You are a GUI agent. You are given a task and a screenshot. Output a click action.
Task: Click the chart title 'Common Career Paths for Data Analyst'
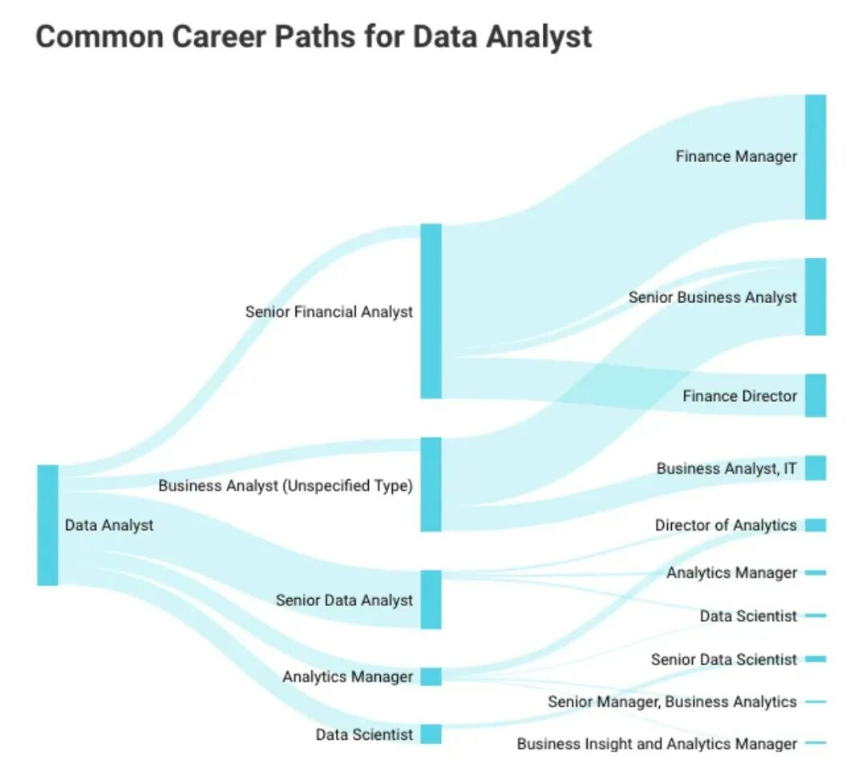[x=314, y=37]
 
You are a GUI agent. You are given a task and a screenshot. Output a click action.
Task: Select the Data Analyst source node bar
[x=47, y=524]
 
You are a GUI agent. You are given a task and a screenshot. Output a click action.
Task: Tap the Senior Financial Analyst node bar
[x=431, y=311]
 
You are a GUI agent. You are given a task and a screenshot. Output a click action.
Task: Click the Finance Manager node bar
[x=815, y=157]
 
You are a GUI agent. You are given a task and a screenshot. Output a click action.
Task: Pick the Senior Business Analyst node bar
[x=815, y=297]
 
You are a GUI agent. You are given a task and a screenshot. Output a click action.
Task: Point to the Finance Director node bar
[x=815, y=395]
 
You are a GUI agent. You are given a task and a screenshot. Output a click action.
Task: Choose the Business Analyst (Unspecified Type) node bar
[x=431, y=484]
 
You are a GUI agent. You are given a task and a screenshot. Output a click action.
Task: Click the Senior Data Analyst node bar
[x=431, y=600]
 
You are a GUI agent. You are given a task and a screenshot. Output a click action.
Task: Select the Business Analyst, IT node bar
[x=815, y=468]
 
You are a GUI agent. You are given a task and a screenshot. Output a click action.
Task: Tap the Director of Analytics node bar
[x=815, y=525]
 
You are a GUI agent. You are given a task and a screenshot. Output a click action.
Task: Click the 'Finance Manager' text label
[x=736, y=156]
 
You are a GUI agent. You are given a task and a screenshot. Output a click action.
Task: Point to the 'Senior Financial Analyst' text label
[x=329, y=312]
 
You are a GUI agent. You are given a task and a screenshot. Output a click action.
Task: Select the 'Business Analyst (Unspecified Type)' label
[x=285, y=486]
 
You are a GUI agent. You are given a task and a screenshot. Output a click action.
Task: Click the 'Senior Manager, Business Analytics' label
[x=672, y=702]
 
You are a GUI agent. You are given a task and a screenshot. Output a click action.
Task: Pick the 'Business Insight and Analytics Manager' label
[x=657, y=744]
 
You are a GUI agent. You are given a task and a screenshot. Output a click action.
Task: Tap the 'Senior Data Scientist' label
[x=724, y=660]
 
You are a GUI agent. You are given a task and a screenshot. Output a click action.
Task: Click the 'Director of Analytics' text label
[x=726, y=525]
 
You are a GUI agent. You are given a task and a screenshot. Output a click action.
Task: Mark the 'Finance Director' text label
[x=739, y=396]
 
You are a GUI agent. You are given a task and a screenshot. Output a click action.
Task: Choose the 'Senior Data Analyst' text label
[x=344, y=600]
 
